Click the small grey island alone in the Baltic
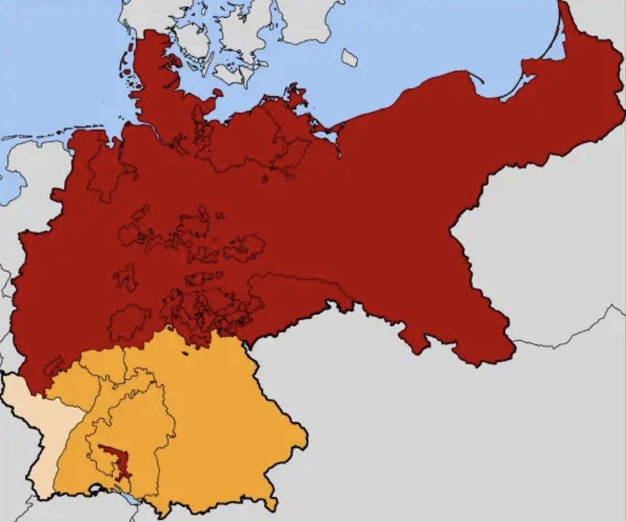tap(349, 58)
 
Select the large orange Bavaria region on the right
tap(226, 424)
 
